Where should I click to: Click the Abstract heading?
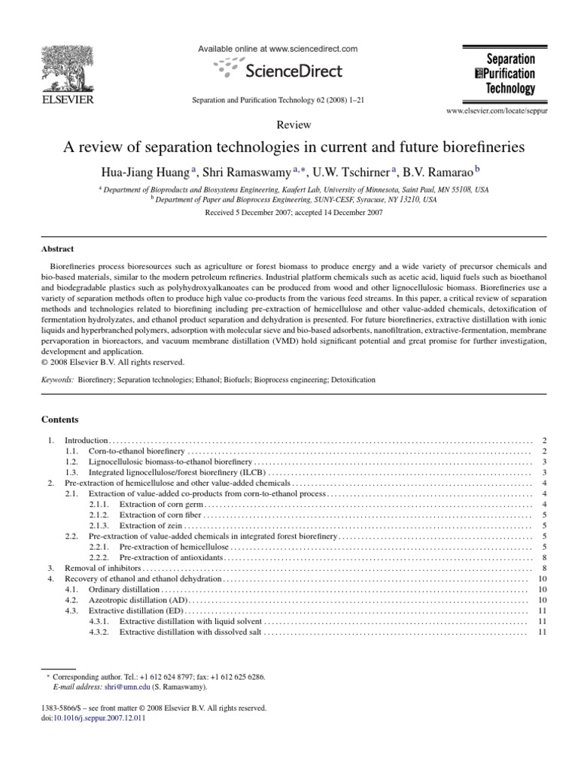tap(58, 249)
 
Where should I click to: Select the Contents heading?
tap(59, 418)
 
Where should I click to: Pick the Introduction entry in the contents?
tap(87, 439)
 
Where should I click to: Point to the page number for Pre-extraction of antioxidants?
tap(543, 557)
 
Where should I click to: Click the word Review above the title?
tap(289, 126)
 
